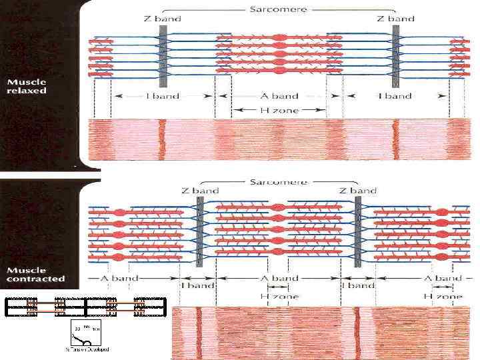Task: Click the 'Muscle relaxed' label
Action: [27, 86]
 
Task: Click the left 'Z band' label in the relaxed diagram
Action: [163, 19]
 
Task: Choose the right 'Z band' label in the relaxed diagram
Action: [396, 19]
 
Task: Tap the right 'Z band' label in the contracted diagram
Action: [358, 191]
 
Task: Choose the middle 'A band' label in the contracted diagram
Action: [281, 278]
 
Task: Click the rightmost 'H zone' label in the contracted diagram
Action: [443, 295]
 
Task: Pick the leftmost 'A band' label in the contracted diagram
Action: [121, 278]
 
